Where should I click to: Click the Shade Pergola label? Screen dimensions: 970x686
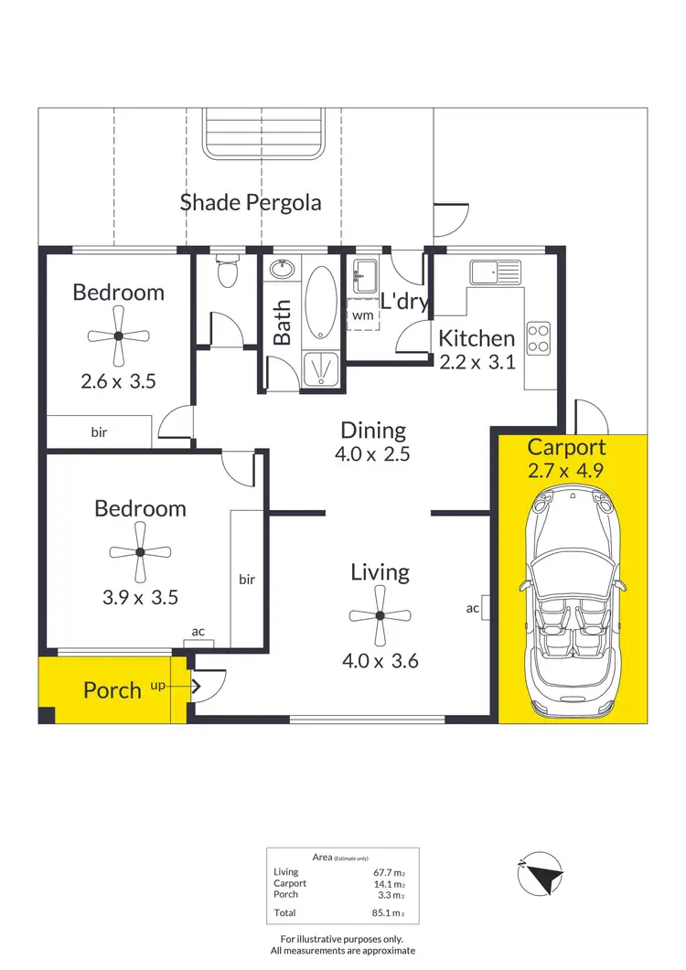[251, 202]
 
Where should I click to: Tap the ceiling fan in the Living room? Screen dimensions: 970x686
[380, 617]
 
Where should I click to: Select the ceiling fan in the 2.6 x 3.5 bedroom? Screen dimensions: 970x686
[118, 336]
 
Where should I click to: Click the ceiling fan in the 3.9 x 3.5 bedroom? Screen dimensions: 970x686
[140, 552]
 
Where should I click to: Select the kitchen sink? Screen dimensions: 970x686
[494, 272]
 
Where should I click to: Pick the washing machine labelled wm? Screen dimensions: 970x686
[362, 315]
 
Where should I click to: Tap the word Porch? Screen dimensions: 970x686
[113, 690]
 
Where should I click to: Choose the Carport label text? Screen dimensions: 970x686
[566, 447]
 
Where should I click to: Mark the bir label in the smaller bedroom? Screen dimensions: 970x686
[99, 432]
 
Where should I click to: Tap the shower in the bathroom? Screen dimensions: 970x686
[320, 368]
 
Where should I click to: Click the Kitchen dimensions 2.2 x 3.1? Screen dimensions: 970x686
[477, 361]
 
